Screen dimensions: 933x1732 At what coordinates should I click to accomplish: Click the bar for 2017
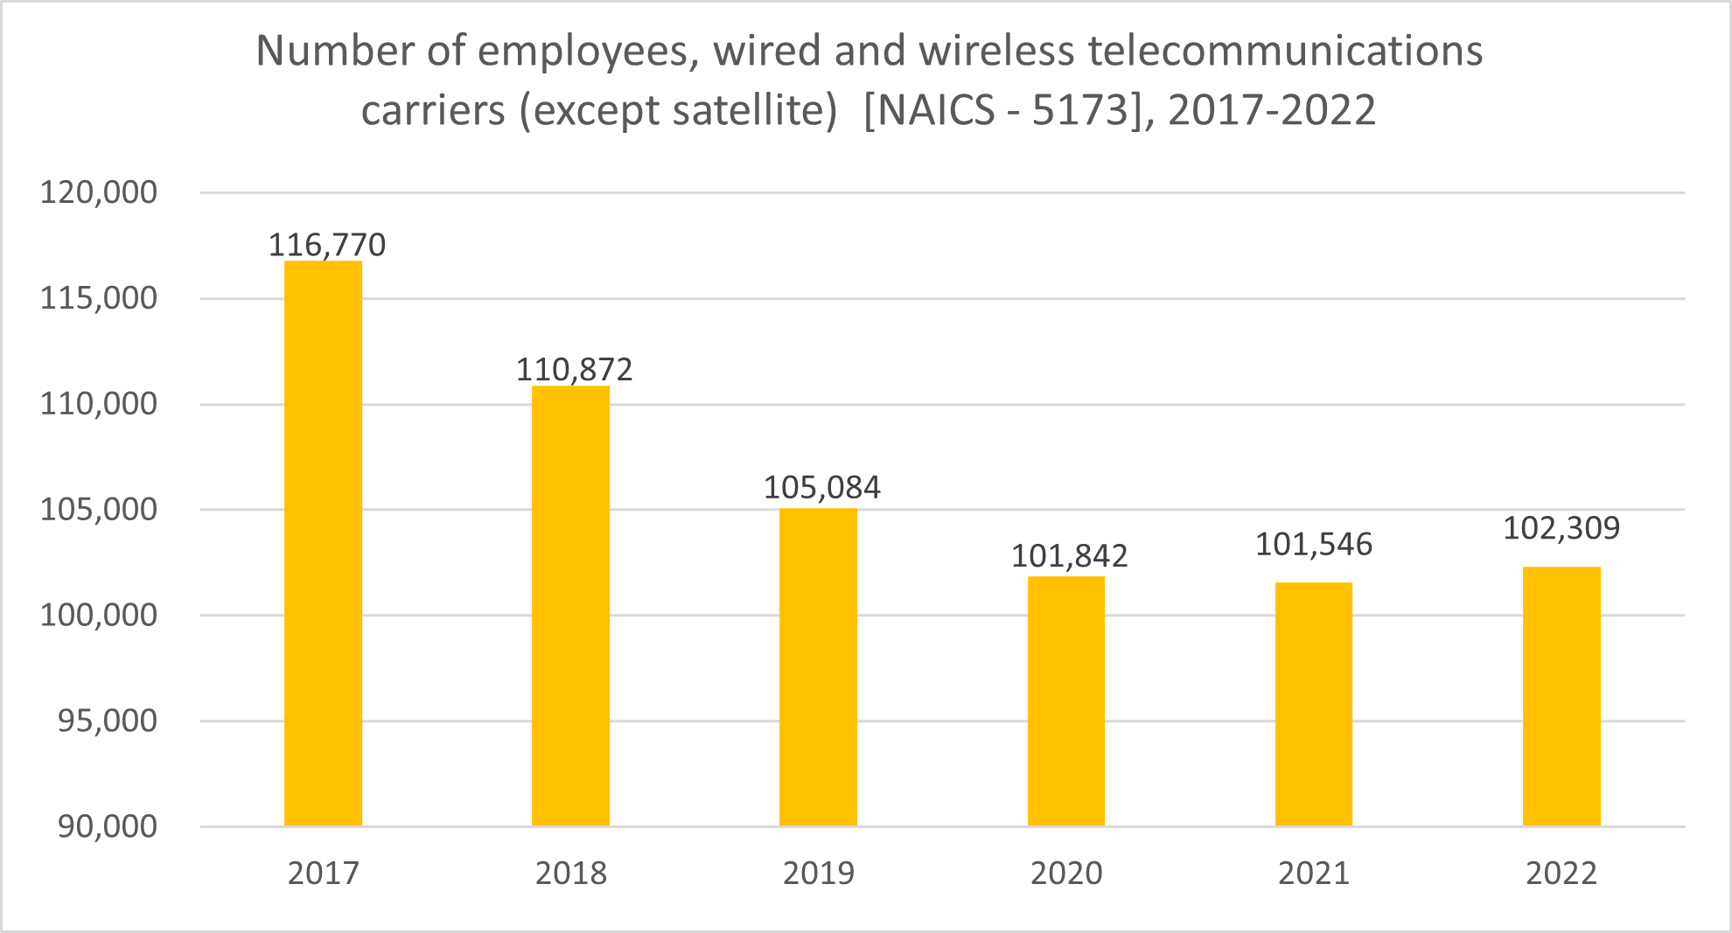[x=323, y=542]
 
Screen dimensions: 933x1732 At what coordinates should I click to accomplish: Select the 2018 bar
[x=570, y=605]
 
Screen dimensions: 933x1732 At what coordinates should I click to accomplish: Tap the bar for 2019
[x=818, y=666]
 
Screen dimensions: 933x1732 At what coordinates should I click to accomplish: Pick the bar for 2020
[x=1065, y=700]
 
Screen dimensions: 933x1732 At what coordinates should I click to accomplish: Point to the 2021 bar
[x=1313, y=704]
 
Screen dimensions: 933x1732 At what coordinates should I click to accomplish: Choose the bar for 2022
[x=1561, y=696]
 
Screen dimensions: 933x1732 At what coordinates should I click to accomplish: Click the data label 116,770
[x=326, y=245]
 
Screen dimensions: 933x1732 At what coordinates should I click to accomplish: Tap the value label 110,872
[x=574, y=370]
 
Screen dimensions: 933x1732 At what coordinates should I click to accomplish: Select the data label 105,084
[x=821, y=487]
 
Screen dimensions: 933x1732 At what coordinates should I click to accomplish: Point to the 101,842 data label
[x=1069, y=556]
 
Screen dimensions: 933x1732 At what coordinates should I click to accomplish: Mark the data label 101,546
[x=1313, y=545]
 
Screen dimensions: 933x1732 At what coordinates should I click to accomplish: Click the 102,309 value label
[x=1561, y=528]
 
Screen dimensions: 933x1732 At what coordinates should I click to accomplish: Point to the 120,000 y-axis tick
[x=99, y=192]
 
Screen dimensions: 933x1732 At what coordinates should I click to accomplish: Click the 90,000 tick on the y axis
[x=107, y=826]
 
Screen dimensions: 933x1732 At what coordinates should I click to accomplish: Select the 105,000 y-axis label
[x=99, y=510]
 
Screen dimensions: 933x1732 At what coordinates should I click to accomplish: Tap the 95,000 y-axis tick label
[x=107, y=721]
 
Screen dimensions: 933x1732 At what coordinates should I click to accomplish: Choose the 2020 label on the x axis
[x=1065, y=874]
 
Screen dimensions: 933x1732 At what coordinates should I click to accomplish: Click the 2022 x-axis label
[x=1561, y=874]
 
